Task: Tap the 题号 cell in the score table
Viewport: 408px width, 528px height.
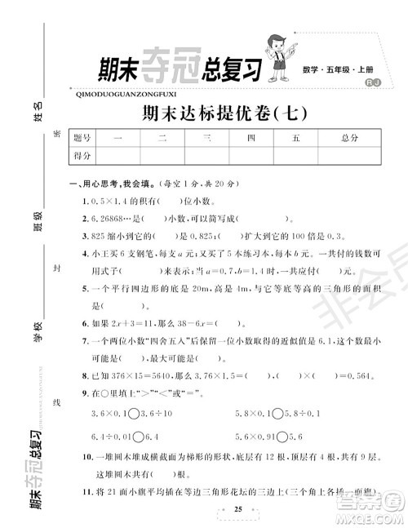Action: (x=82, y=138)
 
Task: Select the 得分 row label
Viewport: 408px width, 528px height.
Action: (x=82, y=154)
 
